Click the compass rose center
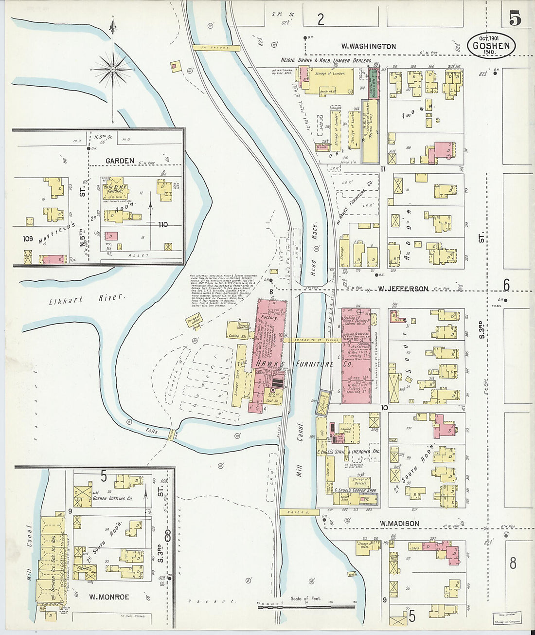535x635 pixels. pyautogui.click(x=113, y=70)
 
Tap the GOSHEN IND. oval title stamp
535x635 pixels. pyautogui.click(x=491, y=45)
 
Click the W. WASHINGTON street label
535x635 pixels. pyautogui.click(x=368, y=46)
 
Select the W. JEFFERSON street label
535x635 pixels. pyautogui.click(x=403, y=289)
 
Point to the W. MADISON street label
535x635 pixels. pyautogui.click(x=399, y=524)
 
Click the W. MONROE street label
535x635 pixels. pyautogui.click(x=109, y=597)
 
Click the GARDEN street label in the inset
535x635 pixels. pyautogui.click(x=120, y=161)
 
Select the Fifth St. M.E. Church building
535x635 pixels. pyautogui.click(x=115, y=189)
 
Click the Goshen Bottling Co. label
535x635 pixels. pyautogui.click(x=112, y=498)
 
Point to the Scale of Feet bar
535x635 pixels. pyautogui.click(x=306, y=606)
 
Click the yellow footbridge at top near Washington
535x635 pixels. pyautogui.click(x=215, y=48)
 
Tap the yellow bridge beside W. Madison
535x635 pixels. pyautogui.click(x=299, y=512)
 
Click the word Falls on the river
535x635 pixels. pyautogui.click(x=152, y=431)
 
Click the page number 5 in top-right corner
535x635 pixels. pyautogui.click(x=515, y=18)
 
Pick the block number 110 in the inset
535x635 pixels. pyautogui.click(x=162, y=224)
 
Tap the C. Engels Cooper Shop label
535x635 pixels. pyautogui.click(x=356, y=490)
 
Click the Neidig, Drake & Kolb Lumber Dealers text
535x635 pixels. pyautogui.click(x=326, y=60)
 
